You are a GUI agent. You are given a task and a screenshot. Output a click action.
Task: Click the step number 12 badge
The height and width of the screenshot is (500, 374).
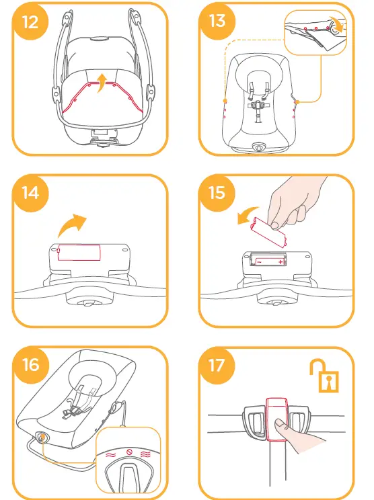(30, 22)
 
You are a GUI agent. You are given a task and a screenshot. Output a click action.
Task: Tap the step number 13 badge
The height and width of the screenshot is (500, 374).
(217, 22)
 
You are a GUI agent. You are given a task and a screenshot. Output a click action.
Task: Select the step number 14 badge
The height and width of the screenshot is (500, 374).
(30, 194)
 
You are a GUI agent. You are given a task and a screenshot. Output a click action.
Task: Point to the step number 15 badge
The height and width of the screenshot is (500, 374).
(217, 194)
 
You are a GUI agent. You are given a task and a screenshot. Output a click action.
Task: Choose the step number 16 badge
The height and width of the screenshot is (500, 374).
(30, 365)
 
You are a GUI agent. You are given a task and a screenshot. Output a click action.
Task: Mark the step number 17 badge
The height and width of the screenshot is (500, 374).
(217, 365)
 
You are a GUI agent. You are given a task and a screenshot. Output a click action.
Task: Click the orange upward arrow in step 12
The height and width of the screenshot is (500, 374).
(102, 83)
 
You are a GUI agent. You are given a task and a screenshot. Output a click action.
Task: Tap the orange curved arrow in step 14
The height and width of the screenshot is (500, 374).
(72, 225)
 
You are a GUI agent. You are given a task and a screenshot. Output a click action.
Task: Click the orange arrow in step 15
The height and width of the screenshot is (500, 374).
(248, 215)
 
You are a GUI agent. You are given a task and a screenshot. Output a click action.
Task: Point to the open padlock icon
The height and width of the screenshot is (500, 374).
(325, 376)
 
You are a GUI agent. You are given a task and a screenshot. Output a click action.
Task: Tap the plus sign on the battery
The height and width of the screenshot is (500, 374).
(280, 262)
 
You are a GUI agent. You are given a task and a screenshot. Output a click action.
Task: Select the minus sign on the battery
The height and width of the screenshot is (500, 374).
(260, 262)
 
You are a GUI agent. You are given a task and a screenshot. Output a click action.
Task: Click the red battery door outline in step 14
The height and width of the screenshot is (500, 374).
(79, 253)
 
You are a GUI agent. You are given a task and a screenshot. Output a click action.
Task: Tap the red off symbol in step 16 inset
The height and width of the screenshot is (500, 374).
(129, 452)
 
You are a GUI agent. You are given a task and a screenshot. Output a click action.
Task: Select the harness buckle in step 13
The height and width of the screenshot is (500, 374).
(258, 106)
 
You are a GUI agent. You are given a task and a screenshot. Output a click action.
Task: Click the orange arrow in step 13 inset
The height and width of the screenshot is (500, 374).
(338, 25)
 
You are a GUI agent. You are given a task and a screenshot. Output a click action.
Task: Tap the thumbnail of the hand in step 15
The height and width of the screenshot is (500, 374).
(274, 226)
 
